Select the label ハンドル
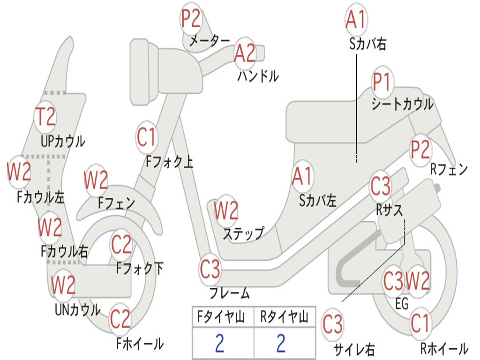tap(258, 75)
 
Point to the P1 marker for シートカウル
tap(382, 82)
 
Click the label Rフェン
tap(449, 170)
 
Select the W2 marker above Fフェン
tap(96, 180)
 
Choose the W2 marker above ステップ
tap(226, 210)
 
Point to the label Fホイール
tap(140, 344)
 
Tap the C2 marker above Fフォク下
tap(121, 244)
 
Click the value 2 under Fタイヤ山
tap(219, 343)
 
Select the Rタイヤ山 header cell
tap(284, 318)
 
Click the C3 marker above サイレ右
tap(332, 325)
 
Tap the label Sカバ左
tap(318, 201)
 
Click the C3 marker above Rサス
tap(380, 187)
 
